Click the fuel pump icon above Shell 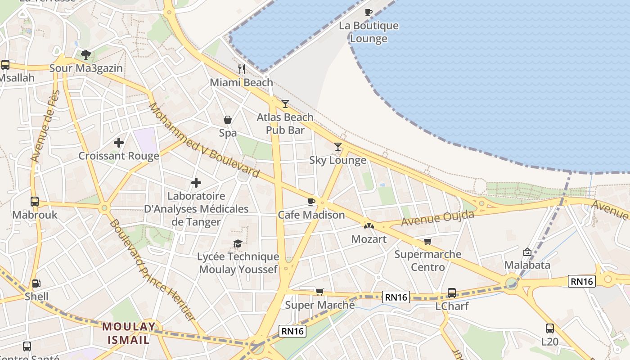[x=36, y=283]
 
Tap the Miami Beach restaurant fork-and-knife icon [x=242, y=69]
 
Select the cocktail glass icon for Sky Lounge [x=338, y=146]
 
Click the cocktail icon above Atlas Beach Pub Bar [x=285, y=104]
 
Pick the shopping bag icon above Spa [x=228, y=120]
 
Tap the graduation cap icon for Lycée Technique [x=238, y=243]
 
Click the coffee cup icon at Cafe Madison [x=310, y=201]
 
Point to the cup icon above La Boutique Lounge [x=368, y=12]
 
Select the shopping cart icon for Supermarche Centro [x=427, y=241]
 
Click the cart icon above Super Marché [x=319, y=292]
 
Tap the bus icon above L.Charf [x=451, y=293]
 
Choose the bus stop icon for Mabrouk [x=35, y=201]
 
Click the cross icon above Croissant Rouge [x=119, y=143]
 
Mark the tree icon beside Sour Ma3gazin [x=86, y=55]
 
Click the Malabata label [x=527, y=265]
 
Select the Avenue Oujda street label [x=437, y=219]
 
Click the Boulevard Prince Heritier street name [x=152, y=270]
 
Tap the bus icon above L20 [x=549, y=328]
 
